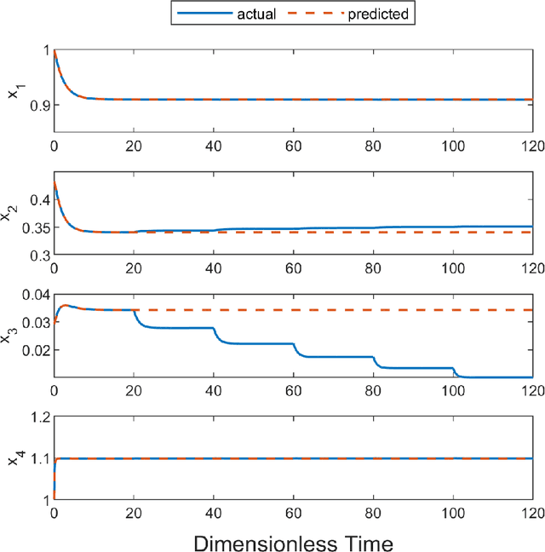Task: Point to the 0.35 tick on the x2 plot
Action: point(32,227)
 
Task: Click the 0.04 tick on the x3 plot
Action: point(32,296)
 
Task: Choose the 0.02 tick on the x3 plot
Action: point(32,349)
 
